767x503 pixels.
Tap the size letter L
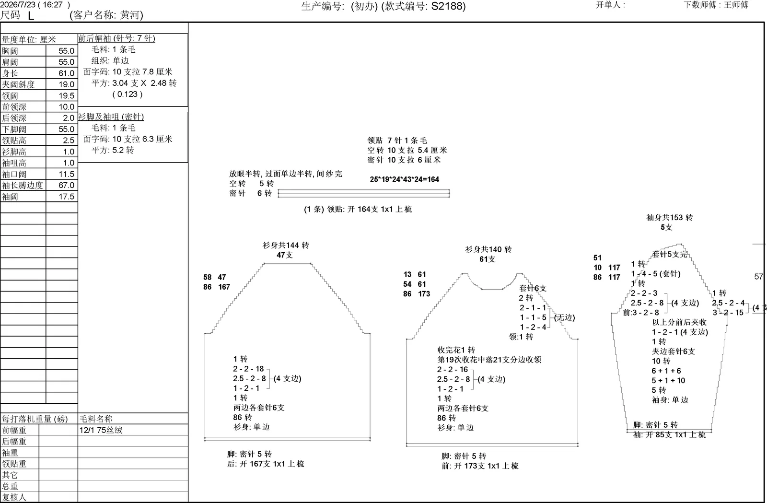tap(31, 16)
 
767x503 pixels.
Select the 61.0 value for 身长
tap(67, 73)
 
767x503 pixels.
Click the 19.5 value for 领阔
tap(67, 96)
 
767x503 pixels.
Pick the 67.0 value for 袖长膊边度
tap(67, 185)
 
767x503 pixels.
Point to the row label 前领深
tap(14, 107)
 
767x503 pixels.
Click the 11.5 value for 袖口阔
tap(67, 174)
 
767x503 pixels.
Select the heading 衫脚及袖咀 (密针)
tap(111, 117)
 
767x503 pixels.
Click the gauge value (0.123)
tap(128, 94)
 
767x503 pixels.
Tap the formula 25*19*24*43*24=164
tap(405, 179)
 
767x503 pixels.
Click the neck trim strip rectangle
tap(364, 193)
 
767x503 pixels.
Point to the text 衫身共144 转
tap(286, 245)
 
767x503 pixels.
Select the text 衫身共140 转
tap(488, 249)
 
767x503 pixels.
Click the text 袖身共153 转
tap(669, 217)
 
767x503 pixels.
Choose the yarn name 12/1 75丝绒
tap(101, 430)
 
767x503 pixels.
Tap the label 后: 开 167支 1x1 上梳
tap(266, 464)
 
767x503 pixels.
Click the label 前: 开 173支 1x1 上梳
tap(480, 466)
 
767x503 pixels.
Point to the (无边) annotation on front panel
tap(565, 318)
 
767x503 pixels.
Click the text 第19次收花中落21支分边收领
tap(489, 360)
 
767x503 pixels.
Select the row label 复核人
tap(14, 497)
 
